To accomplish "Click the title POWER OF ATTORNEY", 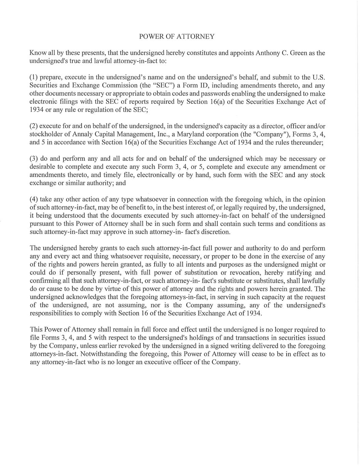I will tap(177, 37).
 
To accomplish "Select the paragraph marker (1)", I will tap(34, 77).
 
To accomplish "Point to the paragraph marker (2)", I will tap(34, 126).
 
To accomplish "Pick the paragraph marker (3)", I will tap(34, 159).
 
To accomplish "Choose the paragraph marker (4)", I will tap(34, 199).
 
